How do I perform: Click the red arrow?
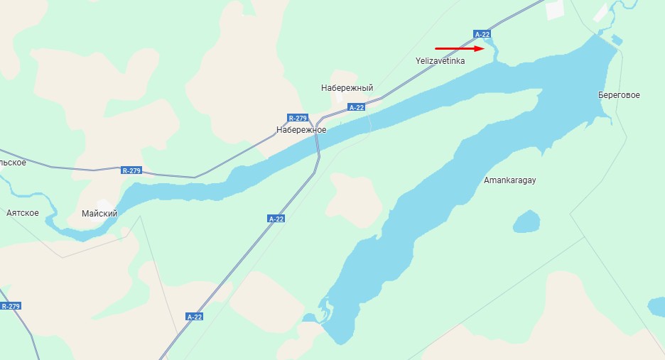(x=458, y=49)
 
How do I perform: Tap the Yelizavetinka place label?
(x=440, y=61)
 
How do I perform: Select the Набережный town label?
(x=347, y=88)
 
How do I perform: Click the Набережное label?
(x=301, y=130)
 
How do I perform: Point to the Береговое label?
(x=619, y=95)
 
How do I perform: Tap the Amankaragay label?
(x=509, y=180)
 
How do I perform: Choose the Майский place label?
(x=99, y=213)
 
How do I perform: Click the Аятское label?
(x=22, y=213)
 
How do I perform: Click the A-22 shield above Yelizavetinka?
(x=482, y=34)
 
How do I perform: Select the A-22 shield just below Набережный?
(x=357, y=107)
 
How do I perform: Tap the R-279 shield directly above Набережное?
(x=297, y=118)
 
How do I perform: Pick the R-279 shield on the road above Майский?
(x=131, y=170)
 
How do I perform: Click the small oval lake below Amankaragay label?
(x=526, y=222)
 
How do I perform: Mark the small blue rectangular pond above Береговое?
(x=617, y=40)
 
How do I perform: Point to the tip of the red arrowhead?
(x=484, y=49)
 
